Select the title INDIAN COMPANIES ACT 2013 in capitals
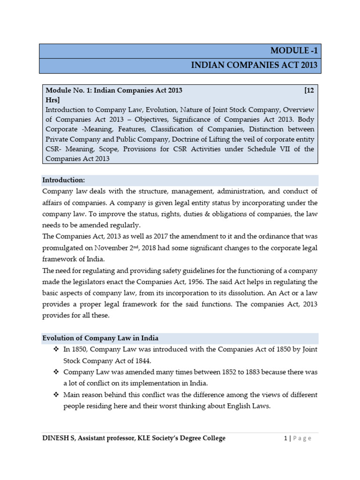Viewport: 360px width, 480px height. [255, 66]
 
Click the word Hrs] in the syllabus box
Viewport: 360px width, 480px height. [52, 99]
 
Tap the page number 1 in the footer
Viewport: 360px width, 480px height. [285, 438]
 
